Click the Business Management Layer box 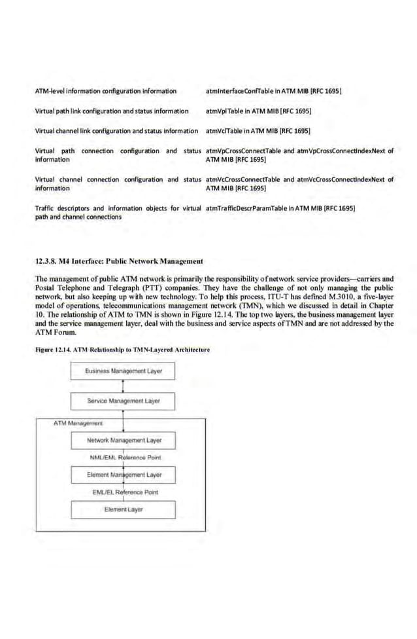[123, 371]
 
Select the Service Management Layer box [123, 400]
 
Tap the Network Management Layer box [123, 441]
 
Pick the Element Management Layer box [123, 474]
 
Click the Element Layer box [123, 509]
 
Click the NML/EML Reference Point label [124, 458]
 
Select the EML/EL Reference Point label [124, 492]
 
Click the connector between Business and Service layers [123, 386]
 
